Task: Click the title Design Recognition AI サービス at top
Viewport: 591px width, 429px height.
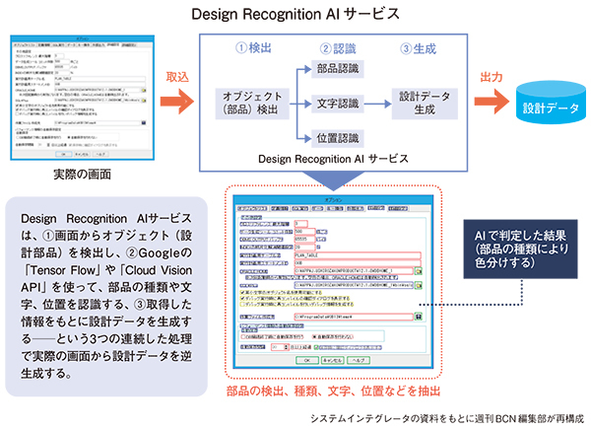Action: pos(295,14)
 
